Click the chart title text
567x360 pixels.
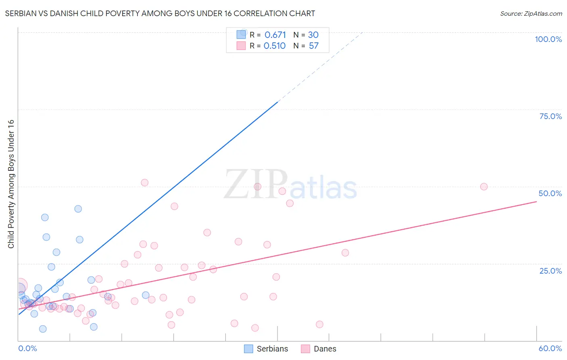coord(160,13)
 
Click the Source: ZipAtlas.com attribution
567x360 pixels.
coord(531,13)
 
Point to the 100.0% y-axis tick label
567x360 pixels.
coord(548,39)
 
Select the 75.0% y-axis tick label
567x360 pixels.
coord(550,116)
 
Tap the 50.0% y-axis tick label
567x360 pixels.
coord(550,193)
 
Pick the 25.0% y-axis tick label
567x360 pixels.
coord(550,271)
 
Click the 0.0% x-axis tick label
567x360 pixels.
coord(27,348)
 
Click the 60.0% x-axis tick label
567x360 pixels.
coord(550,348)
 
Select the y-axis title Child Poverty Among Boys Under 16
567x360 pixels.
coord(11,184)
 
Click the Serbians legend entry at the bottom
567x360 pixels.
coord(266,349)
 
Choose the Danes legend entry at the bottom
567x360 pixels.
coord(319,349)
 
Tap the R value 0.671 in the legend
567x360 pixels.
coord(275,35)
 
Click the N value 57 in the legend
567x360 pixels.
coord(313,46)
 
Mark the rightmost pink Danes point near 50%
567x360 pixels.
coord(484,186)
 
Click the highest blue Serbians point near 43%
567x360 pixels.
coord(78,209)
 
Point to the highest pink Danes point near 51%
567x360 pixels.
coord(145,182)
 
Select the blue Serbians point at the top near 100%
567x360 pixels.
coord(243,32)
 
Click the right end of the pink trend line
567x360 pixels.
coord(536,201)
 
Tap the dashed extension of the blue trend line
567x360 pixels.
coord(321,67)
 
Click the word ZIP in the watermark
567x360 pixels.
coord(256,185)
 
